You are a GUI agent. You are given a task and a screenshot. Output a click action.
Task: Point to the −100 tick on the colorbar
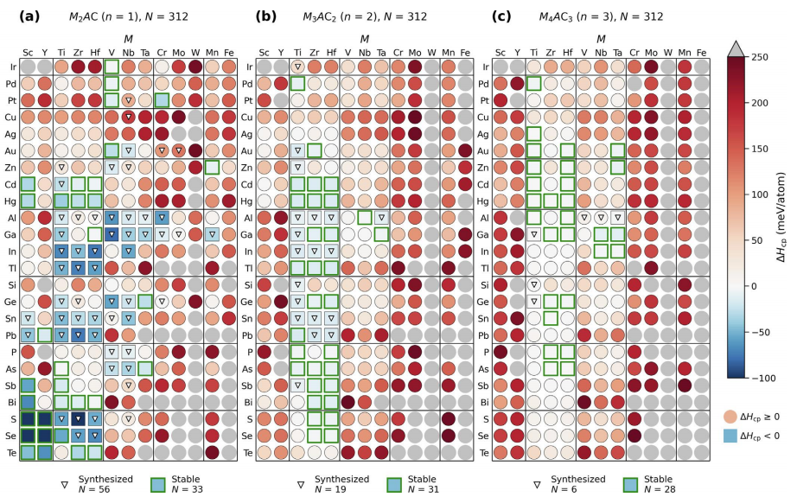744,378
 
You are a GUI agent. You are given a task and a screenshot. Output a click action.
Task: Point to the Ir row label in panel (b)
250,67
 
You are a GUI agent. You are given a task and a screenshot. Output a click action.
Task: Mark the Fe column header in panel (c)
701,51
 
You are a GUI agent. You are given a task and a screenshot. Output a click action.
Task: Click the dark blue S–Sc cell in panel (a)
29,418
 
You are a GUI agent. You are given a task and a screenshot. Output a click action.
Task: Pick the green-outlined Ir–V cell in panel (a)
112,67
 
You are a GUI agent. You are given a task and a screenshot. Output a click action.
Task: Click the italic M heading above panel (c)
601,38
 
